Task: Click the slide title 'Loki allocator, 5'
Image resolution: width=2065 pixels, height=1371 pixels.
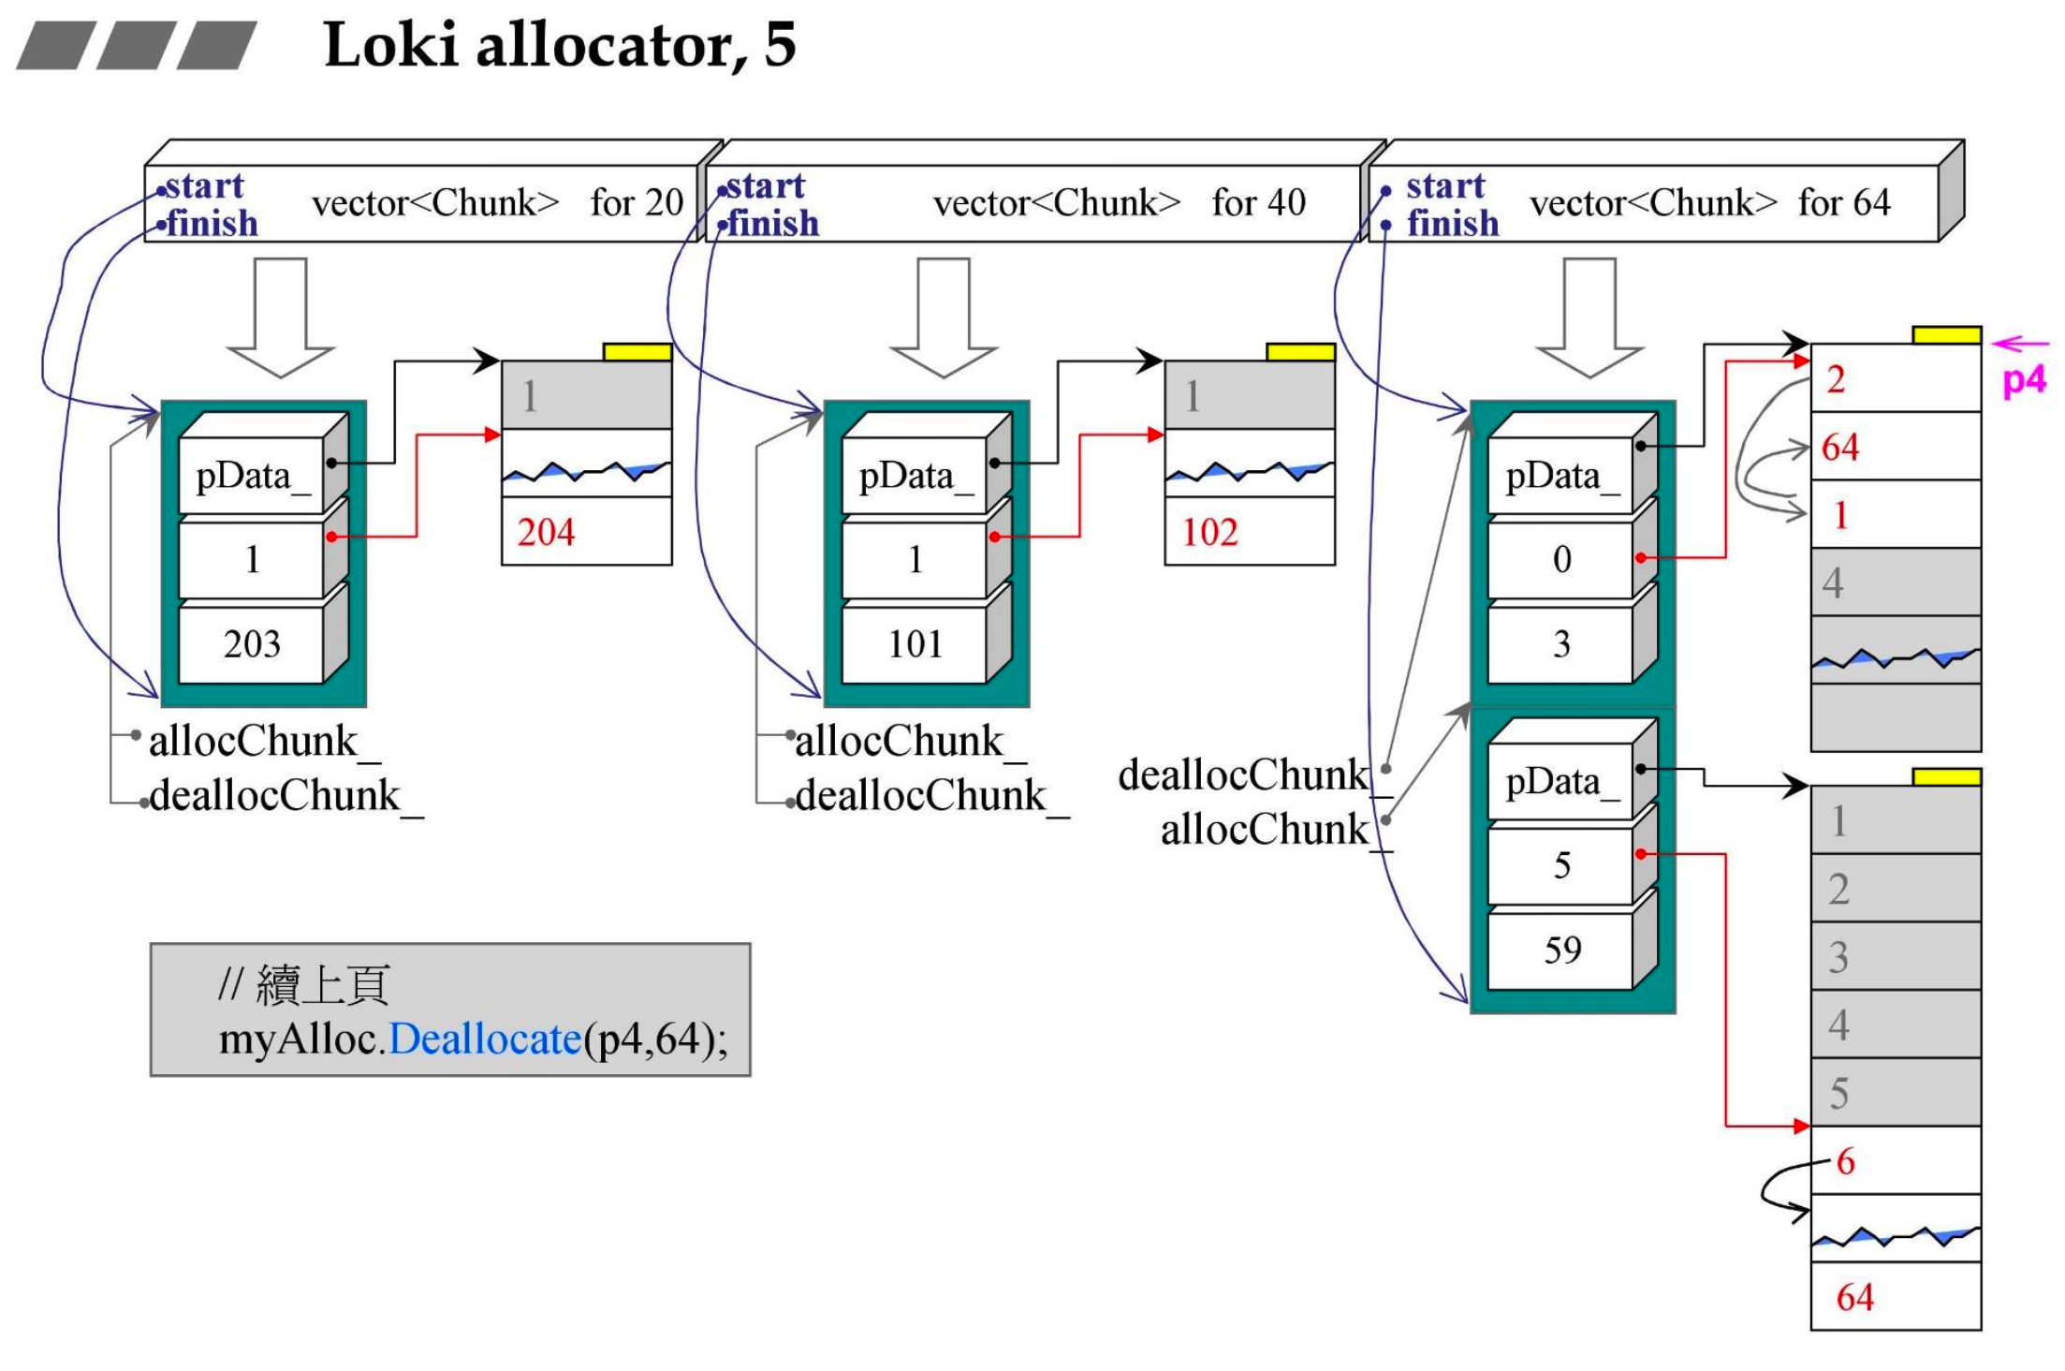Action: tap(559, 44)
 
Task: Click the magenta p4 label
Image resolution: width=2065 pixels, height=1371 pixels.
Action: tap(2024, 380)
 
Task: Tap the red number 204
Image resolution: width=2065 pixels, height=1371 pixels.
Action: tap(546, 533)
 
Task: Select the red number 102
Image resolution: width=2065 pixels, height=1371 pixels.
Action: tap(1209, 533)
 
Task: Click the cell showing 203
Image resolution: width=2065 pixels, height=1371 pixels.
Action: tap(252, 644)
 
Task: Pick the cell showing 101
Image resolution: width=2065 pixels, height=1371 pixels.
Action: tap(915, 644)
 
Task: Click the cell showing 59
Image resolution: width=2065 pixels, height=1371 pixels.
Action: tap(1561, 951)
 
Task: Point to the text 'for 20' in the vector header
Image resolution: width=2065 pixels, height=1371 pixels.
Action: tap(637, 203)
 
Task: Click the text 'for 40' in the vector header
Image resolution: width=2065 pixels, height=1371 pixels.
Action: tap(1258, 203)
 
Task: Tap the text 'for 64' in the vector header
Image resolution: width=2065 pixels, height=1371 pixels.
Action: tap(1843, 203)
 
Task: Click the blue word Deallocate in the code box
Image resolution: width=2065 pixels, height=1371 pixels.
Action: tap(485, 1039)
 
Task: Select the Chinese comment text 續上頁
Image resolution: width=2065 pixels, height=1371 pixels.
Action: tap(322, 985)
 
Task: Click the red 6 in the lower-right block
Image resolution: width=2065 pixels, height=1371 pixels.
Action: tap(1845, 1162)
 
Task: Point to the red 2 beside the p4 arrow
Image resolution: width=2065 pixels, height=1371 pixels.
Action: tap(1836, 379)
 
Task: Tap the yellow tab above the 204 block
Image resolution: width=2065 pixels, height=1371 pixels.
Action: tap(637, 352)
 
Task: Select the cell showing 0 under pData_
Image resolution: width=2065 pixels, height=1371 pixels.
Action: tap(1561, 560)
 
